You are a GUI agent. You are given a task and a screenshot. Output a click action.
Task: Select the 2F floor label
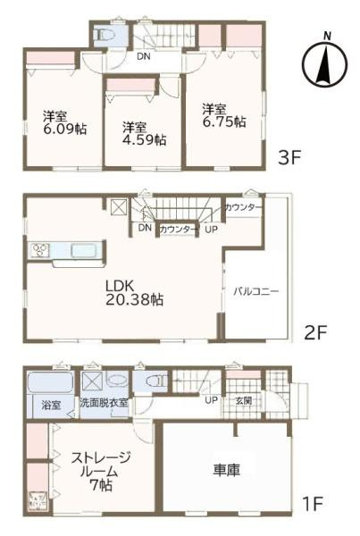[315, 332]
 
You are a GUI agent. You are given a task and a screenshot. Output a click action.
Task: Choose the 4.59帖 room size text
[144, 139]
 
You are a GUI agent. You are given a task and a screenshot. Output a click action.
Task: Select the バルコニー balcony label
[257, 291]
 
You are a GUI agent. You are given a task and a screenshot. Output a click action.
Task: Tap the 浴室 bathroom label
[51, 405]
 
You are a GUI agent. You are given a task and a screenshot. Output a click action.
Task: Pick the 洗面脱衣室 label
[104, 403]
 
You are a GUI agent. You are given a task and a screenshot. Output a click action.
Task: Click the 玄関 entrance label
[243, 400]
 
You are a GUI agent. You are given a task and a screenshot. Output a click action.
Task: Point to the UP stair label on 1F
[212, 399]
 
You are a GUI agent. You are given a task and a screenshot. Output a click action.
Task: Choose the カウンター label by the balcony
[244, 207]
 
